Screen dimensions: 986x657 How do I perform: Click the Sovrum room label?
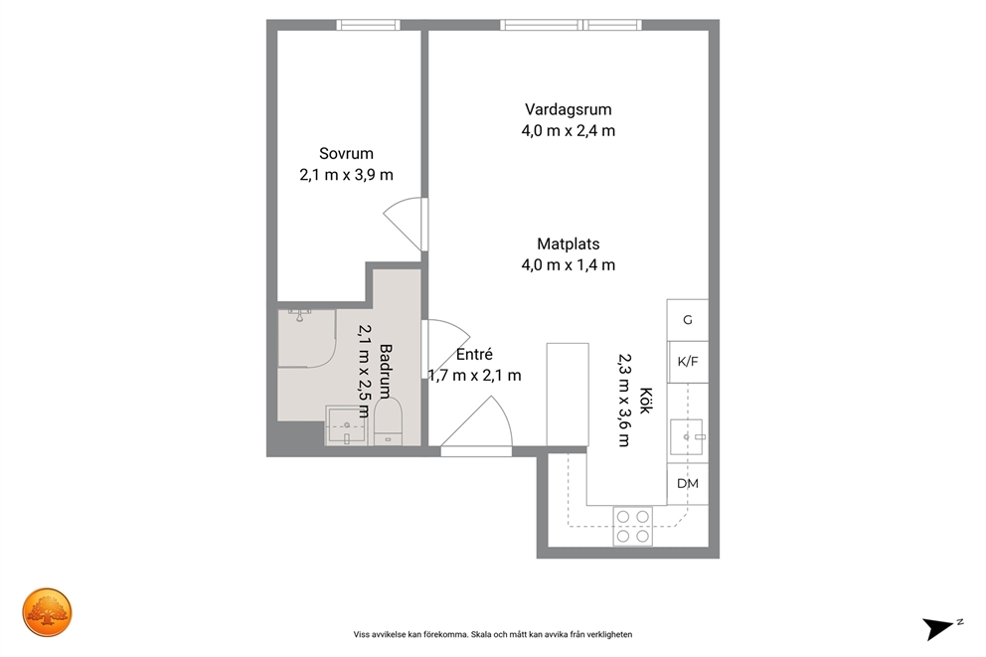[x=346, y=153]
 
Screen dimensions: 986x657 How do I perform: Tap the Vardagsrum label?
[x=568, y=110]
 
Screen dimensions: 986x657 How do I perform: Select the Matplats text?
[x=568, y=244]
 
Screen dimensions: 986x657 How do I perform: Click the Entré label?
[x=474, y=355]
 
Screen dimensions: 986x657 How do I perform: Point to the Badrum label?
[x=386, y=371]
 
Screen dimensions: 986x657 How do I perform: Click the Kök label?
[x=645, y=400]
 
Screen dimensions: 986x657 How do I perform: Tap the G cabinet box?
[x=687, y=320]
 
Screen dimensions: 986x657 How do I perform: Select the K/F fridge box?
[x=687, y=362]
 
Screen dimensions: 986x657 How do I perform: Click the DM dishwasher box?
[x=687, y=483]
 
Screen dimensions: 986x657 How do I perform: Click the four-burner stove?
[x=632, y=526]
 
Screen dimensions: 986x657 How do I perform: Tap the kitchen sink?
[x=686, y=436]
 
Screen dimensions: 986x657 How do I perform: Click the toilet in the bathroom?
[x=388, y=422]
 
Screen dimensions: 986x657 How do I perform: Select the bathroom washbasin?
[x=345, y=425]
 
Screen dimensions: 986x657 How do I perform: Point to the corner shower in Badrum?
[x=306, y=338]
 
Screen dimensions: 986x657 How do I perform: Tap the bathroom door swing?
[x=445, y=349]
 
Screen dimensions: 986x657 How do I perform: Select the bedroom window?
[x=368, y=25]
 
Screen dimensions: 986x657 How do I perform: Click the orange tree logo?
[x=47, y=613]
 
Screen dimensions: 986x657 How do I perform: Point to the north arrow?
[x=938, y=629]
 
